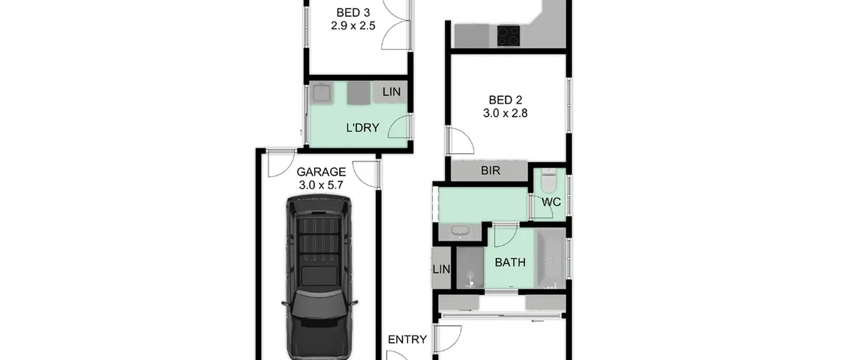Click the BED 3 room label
click(x=353, y=13)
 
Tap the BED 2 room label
click(x=505, y=100)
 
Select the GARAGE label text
click(x=321, y=172)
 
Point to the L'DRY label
click(x=363, y=128)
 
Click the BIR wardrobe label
click(x=490, y=170)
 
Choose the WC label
click(x=551, y=202)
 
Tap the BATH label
click(x=510, y=262)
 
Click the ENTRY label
click(x=407, y=340)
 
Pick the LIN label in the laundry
click(x=391, y=92)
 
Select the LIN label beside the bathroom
click(x=441, y=269)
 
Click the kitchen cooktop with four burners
click(x=509, y=35)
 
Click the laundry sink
click(x=322, y=92)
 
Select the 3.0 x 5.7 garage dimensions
click(x=321, y=185)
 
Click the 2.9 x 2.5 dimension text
click(x=353, y=26)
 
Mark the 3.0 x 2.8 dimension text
click(x=505, y=113)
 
